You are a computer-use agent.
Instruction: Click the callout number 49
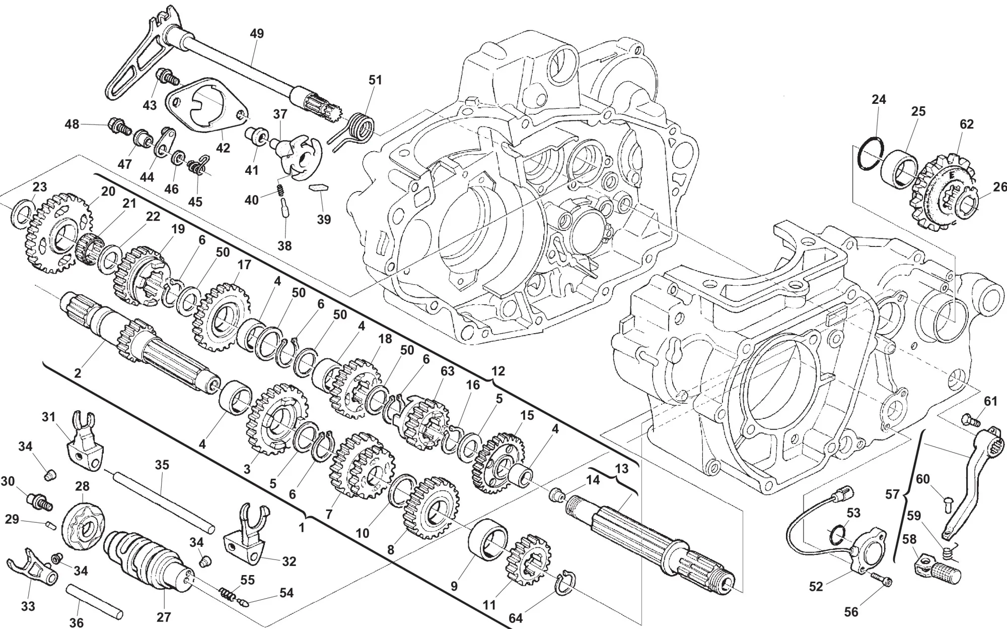(x=257, y=34)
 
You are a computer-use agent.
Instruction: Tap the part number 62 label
(x=967, y=124)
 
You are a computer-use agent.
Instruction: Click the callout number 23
(x=40, y=187)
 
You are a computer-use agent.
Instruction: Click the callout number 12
(x=498, y=371)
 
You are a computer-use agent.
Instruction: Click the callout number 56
(x=850, y=612)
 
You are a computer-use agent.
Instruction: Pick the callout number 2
(x=78, y=373)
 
